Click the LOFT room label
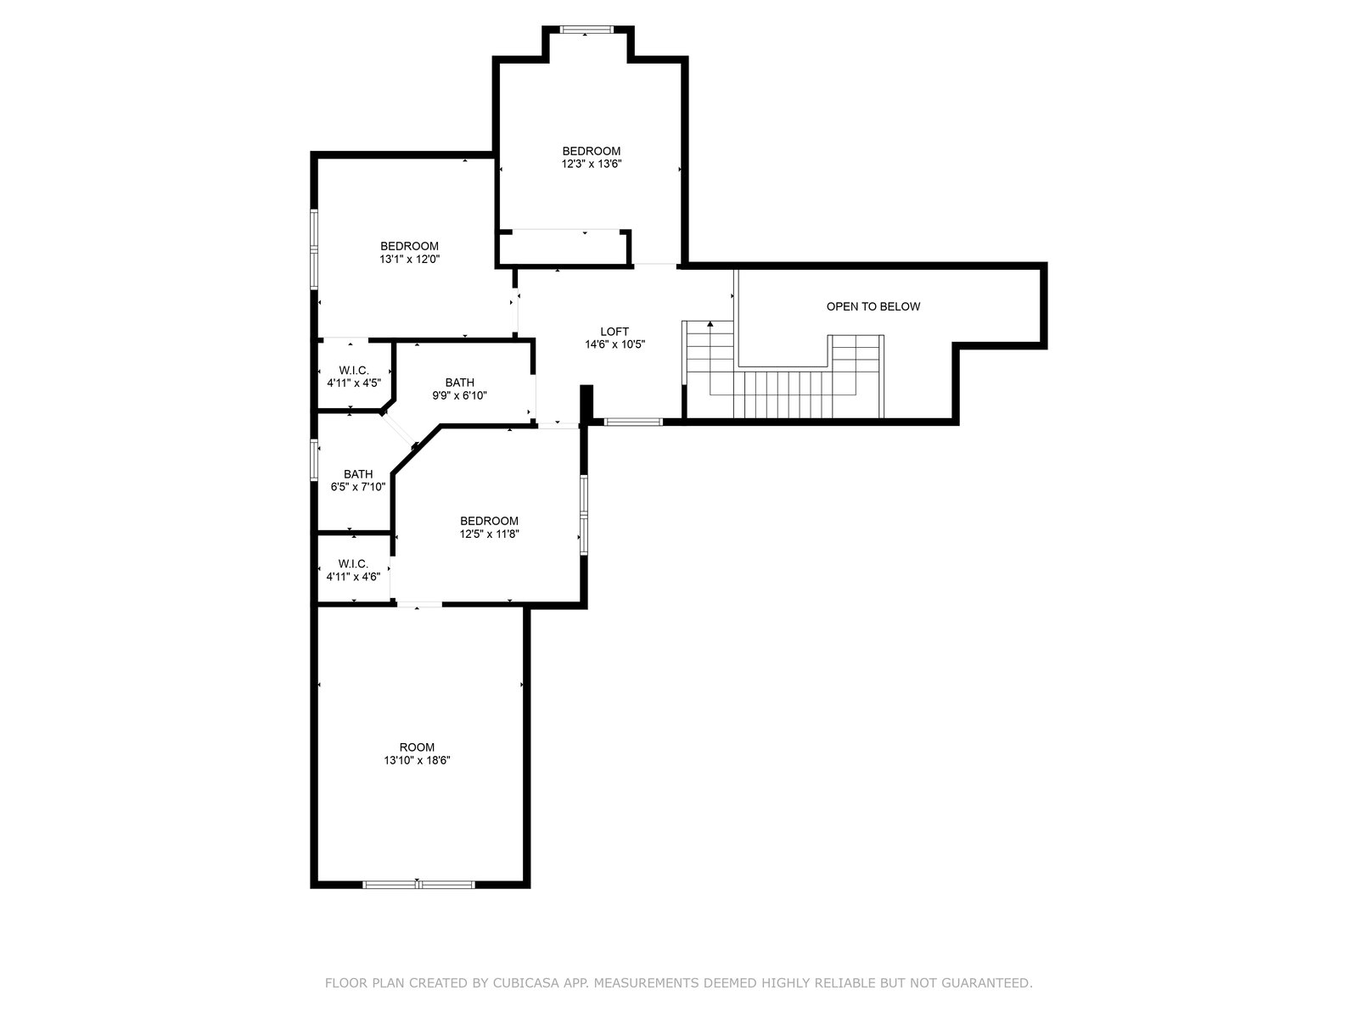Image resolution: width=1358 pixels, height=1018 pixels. (x=614, y=332)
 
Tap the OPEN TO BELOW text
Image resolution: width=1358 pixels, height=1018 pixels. (x=873, y=306)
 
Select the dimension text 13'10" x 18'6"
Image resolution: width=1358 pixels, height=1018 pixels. (x=417, y=760)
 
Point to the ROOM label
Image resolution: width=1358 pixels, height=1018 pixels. (x=417, y=747)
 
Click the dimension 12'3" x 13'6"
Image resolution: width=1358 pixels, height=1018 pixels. (x=592, y=164)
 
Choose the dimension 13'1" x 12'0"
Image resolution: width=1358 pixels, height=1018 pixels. (x=410, y=259)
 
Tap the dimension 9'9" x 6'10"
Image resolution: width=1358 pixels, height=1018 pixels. (x=460, y=395)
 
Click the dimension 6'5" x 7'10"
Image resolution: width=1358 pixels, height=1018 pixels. (x=358, y=487)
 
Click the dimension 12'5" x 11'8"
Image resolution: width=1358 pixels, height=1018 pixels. (x=489, y=534)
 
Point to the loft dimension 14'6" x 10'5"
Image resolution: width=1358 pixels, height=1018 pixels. (x=615, y=344)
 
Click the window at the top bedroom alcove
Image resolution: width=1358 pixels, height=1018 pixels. (x=586, y=29)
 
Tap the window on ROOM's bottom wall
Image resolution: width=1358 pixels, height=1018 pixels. (x=418, y=885)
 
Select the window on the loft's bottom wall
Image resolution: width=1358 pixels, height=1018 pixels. (x=633, y=422)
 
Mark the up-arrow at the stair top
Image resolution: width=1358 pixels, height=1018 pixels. (x=710, y=324)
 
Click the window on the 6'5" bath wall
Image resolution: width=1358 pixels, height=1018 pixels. (x=314, y=460)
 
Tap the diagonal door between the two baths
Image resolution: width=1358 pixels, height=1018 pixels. (x=398, y=430)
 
